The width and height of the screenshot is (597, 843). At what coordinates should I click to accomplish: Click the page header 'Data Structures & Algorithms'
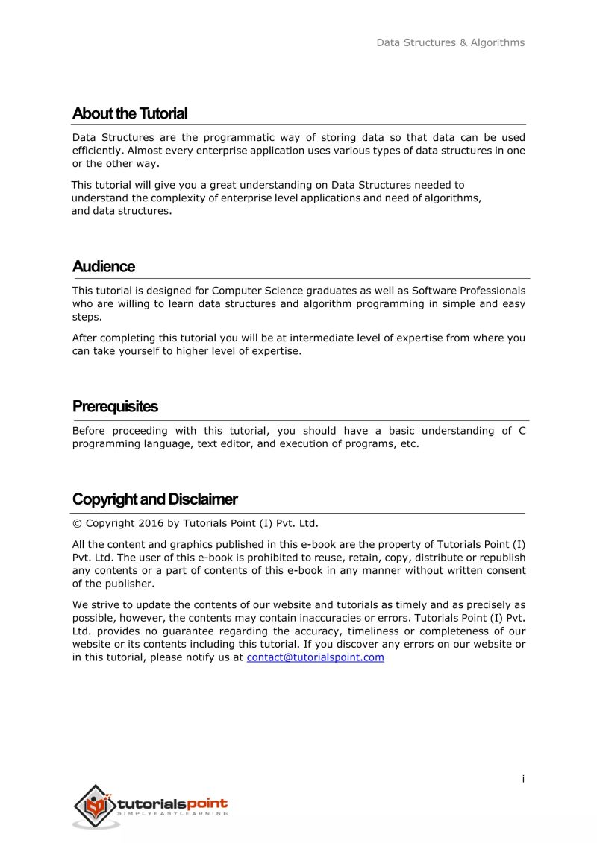pyautogui.click(x=450, y=42)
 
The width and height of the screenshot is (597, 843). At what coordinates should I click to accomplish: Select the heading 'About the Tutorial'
pyautogui.click(x=130, y=114)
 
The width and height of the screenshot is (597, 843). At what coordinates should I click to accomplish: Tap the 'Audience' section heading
pyautogui.click(x=104, y=267)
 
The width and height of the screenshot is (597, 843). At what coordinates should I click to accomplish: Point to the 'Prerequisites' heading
pyautogui.click(x=115, y=407)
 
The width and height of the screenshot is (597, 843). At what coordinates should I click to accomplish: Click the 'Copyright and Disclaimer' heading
pyautogui.click(x=154, y=499)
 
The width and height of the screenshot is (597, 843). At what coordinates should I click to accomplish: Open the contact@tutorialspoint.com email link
pyautogui.click(x=315, y=657)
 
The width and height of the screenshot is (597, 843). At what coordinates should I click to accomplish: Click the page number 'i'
pyautogui.click(x=523, y=779)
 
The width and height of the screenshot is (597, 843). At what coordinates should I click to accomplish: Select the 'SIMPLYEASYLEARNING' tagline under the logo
pyautogui.click(x=172, y=814)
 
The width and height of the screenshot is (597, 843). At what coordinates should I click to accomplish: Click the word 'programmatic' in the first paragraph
pyautogui.click(x=238, y=137)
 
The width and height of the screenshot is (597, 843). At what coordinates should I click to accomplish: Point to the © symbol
pyautogui.click(x=77, y=523)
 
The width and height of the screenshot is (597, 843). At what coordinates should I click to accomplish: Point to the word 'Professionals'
pyautogui.click(x=490, y=291)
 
